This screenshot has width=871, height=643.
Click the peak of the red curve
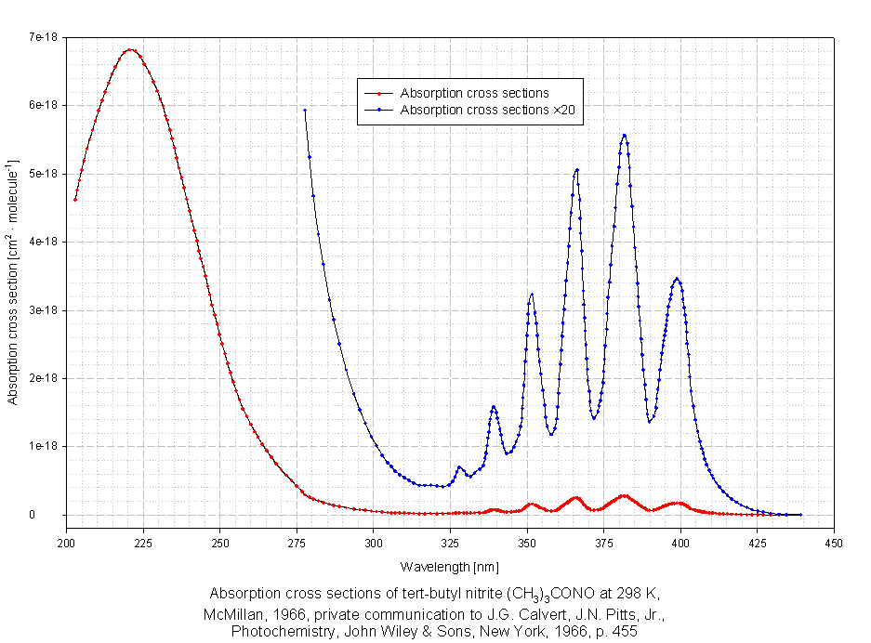tap(131, 49)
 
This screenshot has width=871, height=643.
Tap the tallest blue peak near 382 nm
tap(624, 135)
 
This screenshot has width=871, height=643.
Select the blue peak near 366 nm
tap(577, 169)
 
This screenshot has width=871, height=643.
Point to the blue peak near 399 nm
tap(677, 279)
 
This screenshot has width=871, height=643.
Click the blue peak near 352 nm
tap(532, 294)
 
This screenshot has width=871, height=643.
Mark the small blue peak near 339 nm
tap(494, 406)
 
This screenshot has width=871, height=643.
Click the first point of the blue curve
tap(304, 111)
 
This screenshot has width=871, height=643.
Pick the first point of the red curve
tap(75, 199)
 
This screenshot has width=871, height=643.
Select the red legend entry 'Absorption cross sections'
tap(474, 93)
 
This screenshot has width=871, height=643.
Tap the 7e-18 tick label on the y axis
tap(44, 37)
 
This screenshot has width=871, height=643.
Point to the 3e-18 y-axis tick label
tap(44, 310)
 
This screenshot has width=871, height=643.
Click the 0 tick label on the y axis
tap(57, 515)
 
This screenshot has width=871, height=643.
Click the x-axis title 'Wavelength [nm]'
tap(450, 566)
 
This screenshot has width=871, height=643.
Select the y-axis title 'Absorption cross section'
tap(13, 280)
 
